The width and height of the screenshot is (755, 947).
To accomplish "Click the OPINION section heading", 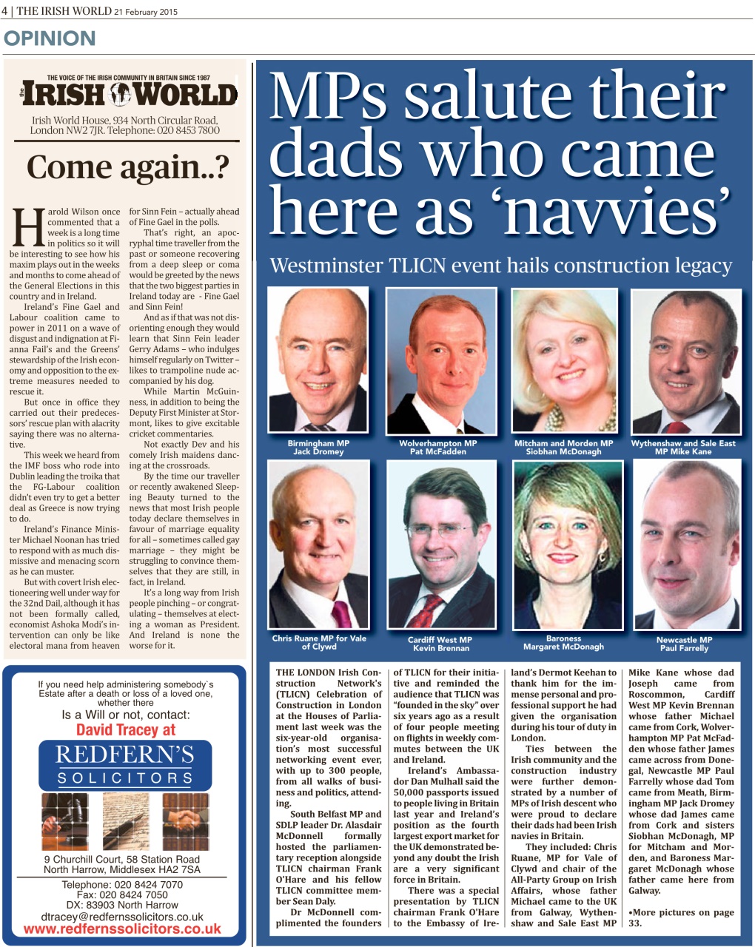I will tap(50, 38).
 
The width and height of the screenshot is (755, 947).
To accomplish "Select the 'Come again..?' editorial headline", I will tap(127, 167).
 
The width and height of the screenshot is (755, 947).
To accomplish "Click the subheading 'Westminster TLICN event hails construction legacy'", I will tap(501, 266).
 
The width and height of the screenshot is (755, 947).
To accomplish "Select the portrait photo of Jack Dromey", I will tap(318, 360).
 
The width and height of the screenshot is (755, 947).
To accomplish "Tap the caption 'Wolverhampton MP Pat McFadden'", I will tap(438, 448).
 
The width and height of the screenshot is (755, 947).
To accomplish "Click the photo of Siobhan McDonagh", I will tap(564, 360).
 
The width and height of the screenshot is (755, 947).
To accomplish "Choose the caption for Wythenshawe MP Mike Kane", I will tap(683, 448).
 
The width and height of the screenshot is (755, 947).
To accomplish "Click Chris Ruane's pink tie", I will tap(341, 613).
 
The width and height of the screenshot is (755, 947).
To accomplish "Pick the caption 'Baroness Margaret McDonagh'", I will tap(563, 642).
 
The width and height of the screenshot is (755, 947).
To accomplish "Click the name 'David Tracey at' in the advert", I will tap(126, 730).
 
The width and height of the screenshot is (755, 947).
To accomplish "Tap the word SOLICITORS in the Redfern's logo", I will tap(126, 778).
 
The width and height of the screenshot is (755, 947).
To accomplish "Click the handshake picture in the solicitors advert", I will tap(185, 820).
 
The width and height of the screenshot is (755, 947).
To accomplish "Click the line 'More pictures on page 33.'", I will tap(681, 917).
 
